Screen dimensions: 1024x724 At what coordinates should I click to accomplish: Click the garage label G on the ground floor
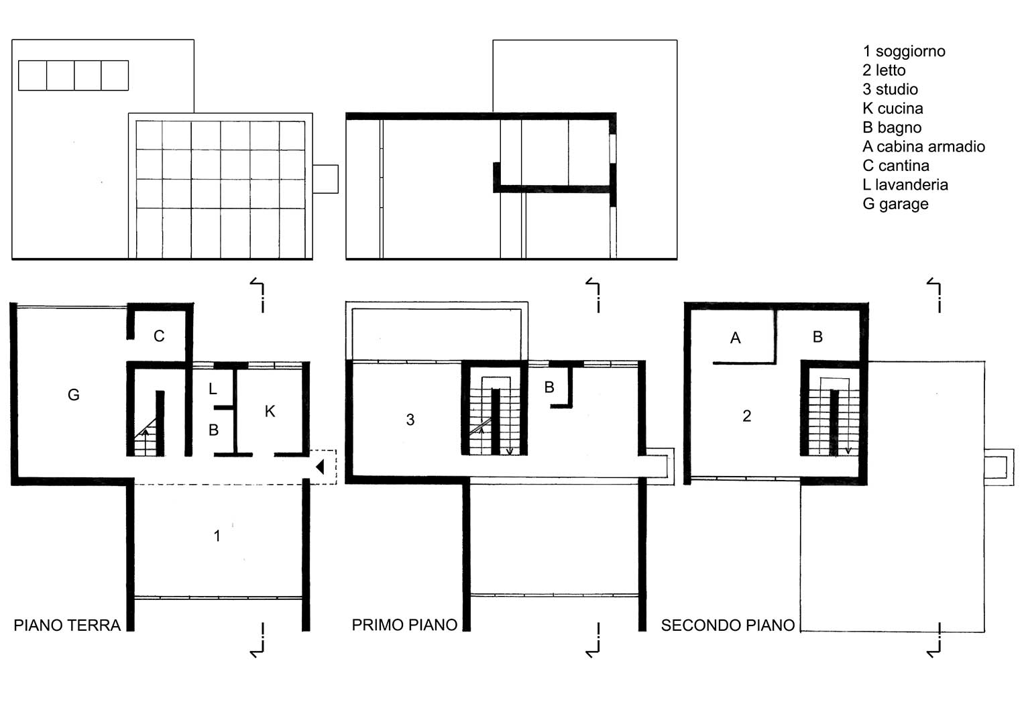click(x=74, y=394)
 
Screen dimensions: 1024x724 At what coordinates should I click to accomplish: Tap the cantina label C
click(x=159, y=336)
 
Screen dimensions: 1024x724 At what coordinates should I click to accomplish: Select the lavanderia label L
click(x=213, y=389)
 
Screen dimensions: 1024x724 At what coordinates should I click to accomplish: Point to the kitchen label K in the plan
click(x=270, y=412)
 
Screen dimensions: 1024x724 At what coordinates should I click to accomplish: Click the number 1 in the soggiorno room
click(x=217, y=536)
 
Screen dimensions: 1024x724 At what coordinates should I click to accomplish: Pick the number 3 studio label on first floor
click(x=410, y=420)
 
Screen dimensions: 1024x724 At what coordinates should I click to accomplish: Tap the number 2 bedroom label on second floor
click(x=746, y=416)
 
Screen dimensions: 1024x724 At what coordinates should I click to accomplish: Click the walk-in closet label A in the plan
click(x=735, y=338)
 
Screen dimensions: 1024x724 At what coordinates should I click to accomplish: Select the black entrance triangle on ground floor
click(x=320, y=467)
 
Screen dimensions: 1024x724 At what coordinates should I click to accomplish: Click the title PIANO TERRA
click(x=67, y=625)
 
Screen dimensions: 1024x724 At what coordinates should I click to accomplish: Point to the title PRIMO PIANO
click(x=404, y=625)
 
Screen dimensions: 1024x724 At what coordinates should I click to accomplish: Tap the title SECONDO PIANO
click(x=728, y=625)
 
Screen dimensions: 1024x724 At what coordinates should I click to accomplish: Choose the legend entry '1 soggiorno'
click(x=904, y=52)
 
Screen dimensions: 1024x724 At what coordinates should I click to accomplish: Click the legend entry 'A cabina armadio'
click(x=923, y=147)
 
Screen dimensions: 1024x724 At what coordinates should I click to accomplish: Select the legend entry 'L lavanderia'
click(x=905, y=185)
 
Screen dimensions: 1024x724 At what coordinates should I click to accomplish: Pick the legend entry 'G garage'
click(x=895, y=204)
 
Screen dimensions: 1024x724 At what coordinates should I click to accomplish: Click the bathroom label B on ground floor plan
click(x=213, y=430)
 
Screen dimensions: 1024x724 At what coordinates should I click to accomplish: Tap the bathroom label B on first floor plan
click(x=549, y=387)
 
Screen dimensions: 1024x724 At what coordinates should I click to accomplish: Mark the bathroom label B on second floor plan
click(x=818, y=337)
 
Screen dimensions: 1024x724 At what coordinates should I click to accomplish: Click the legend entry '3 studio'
click(x=890, y=90)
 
